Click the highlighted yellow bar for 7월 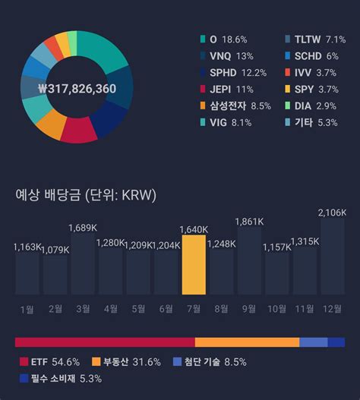(193, 265)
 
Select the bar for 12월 (332, 257)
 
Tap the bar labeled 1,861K (249, 261)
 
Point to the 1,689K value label (82, 227)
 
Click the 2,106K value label (332, 212)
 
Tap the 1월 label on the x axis (27, 309)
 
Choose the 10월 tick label (276, 309)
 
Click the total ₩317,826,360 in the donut (77, 89)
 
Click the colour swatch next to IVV (287, 72)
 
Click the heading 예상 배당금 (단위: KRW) (86, 195)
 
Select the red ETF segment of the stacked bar (105, 342)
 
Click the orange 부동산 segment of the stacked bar (247, 342)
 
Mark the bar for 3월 (82, 263)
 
